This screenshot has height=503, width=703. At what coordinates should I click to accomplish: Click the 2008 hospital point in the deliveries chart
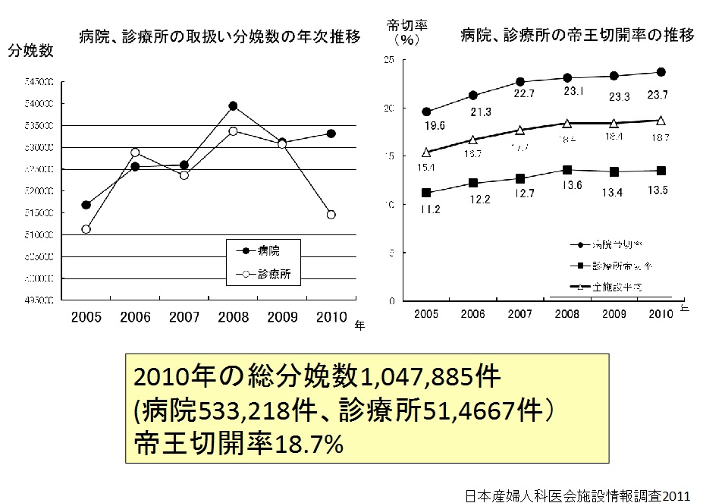[233, 106]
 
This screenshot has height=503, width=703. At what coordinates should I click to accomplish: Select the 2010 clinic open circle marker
[331, 215]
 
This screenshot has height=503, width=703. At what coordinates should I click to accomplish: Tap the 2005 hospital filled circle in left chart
[86, 205]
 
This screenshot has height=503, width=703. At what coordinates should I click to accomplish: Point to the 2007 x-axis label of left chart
[184, 316]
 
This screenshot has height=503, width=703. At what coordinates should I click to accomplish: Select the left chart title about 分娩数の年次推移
[219, 36]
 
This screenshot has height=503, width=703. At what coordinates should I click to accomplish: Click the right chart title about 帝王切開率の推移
[577, 35]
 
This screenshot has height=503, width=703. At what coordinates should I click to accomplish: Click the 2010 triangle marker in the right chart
[661, 120]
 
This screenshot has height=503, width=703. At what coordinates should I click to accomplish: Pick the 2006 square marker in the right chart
[473, 183]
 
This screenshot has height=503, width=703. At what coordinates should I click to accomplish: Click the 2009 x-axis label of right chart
[614, 315]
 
